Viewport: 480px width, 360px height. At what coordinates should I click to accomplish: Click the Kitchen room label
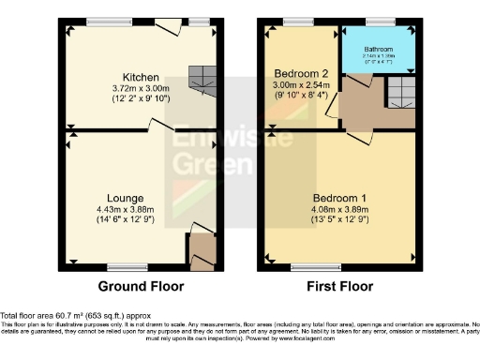[x=139, y=77]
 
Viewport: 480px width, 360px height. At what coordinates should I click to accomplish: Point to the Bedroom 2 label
[x=299, y=72]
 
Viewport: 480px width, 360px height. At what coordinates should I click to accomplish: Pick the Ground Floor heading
[x=141, y=286]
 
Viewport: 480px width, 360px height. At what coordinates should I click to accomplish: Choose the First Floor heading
[x=338, y=286]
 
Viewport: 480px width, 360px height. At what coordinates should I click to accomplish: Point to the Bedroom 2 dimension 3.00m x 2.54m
[x=299, y=82]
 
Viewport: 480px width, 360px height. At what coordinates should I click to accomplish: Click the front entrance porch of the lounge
[x=202, y=249]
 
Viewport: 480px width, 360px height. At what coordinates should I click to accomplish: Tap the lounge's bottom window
[x=119, y=265]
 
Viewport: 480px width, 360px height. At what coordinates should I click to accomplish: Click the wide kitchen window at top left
[x=111, y=21]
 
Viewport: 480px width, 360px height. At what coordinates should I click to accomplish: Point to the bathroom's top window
[x=380, y=21]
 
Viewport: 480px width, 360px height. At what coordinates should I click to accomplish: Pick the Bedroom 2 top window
[x=299, y=21]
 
